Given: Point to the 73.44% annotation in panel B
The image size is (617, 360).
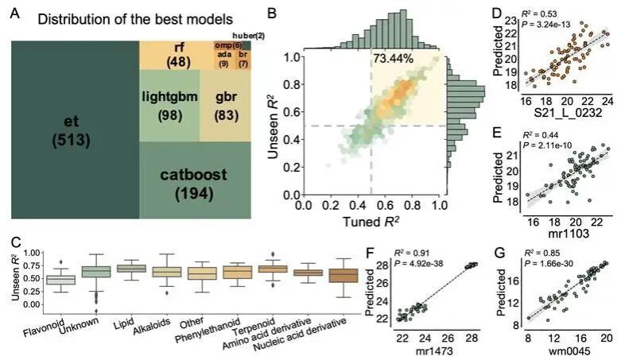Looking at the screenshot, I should pos(396,59).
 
